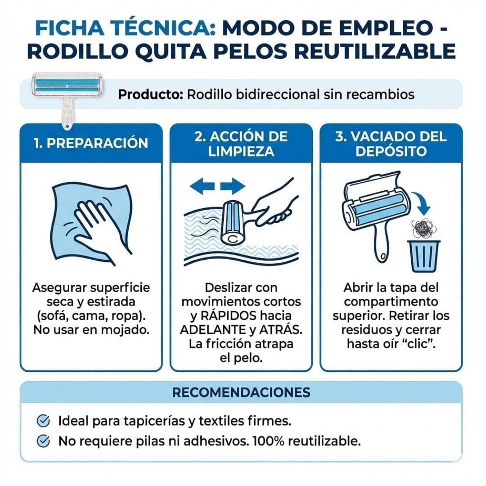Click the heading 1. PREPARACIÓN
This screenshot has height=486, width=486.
pyautogui.click(x=91, y=143)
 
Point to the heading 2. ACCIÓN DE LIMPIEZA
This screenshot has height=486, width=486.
pyautogui.click(x=241, y=144)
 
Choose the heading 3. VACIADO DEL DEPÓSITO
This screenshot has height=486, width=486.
pyautogui.click(x=391, y=144)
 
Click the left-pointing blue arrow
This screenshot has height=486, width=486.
pyautogui.click(x=202, y=186)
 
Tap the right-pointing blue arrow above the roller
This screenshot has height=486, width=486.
pyautogui.click(x=233, y=186)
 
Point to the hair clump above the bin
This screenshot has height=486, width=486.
pyautogui.click(x=423, y=229)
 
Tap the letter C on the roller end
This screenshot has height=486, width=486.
pyautogui.click(x=233, y=239)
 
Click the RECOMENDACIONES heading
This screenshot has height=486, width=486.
pyautogui.click(x=241, y=392)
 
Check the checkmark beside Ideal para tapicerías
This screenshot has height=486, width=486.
pyautogui.click(x=43, y=421)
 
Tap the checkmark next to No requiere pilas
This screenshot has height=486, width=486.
pyautogui.click(x=43, y=441)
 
